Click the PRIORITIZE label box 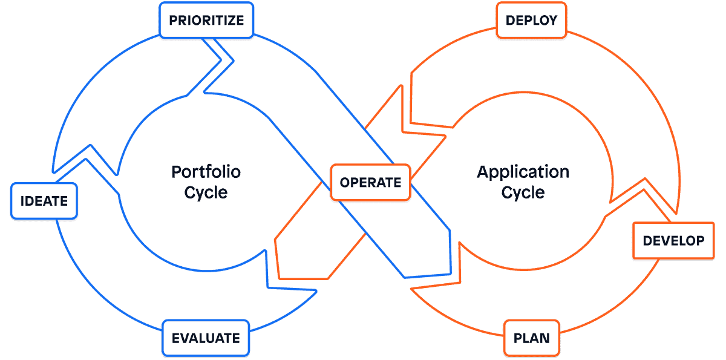coord(206,21)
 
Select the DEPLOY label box coord(531,21)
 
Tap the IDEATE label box coord(44,201)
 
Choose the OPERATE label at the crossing coord(370,182)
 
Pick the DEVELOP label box coord(673,241)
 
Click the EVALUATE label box coord(206,338)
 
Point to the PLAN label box coord(532,338)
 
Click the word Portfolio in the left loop coord(206,172)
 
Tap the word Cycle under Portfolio coord(206,193)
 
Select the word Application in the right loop coord(523,172)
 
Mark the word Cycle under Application coord(523,193)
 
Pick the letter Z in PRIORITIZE coord(231,21)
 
